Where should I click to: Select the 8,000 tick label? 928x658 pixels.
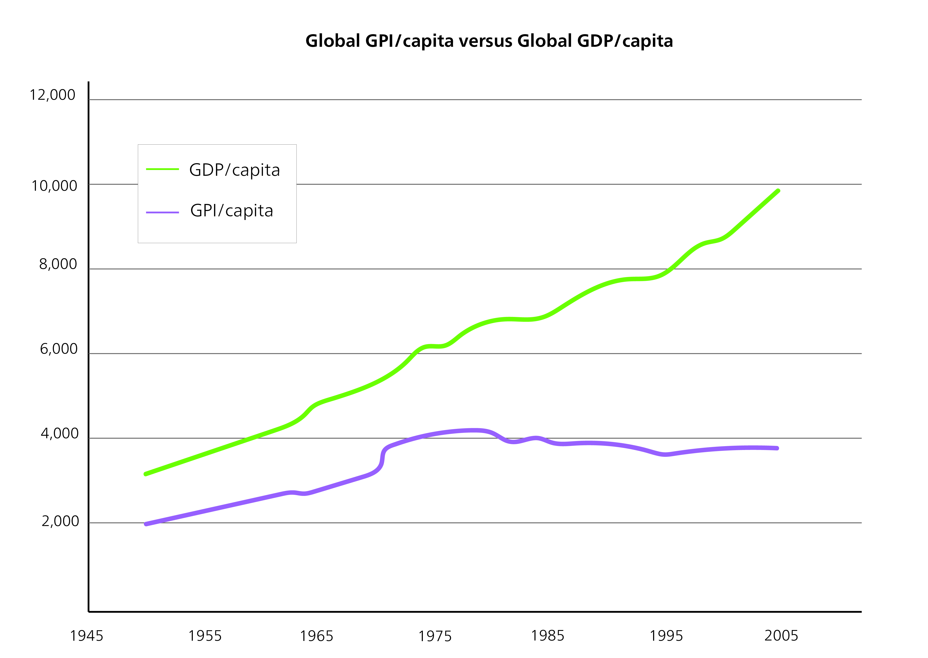tap(58, 264)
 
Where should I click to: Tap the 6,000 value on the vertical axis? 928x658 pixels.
tap(59, 349)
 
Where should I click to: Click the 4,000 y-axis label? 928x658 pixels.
tap(60, 434)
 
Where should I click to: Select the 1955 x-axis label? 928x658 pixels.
tap(205, 636)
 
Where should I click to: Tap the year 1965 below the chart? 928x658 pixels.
tap(316, 636)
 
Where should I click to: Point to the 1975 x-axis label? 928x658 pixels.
tap(435, 636)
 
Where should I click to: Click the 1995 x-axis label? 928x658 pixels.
tap(666, 636)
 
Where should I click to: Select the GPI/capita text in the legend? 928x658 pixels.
tap(232, 211)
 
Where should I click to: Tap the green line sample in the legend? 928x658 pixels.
tap(162, 169)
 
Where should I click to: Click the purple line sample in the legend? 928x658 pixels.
tap(162, 212)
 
